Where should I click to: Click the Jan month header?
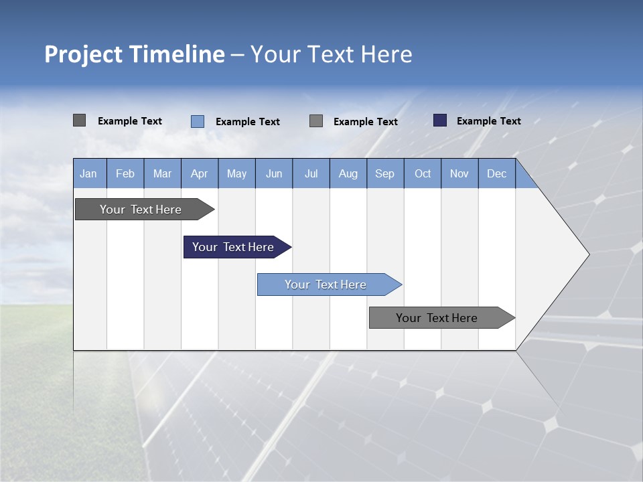89,173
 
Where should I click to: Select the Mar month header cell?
162,173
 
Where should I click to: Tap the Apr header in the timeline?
199,173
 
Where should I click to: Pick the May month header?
236,173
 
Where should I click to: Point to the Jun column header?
274,173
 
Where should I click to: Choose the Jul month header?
311,173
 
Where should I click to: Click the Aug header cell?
348,173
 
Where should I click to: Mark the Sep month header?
384,173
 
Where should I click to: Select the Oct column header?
423,173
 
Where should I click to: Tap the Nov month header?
459,173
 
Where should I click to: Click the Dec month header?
496,173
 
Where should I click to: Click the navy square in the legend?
440,120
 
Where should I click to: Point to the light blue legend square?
198,121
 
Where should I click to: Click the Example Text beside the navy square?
488,121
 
